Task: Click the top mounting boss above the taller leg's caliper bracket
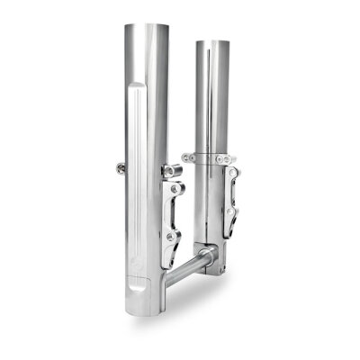[171, 169]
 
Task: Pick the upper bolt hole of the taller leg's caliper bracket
[175, 191]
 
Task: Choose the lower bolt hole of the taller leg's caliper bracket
[176, 236]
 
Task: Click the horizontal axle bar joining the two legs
[193, 266]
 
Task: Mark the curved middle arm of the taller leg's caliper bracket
[173, 214]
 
